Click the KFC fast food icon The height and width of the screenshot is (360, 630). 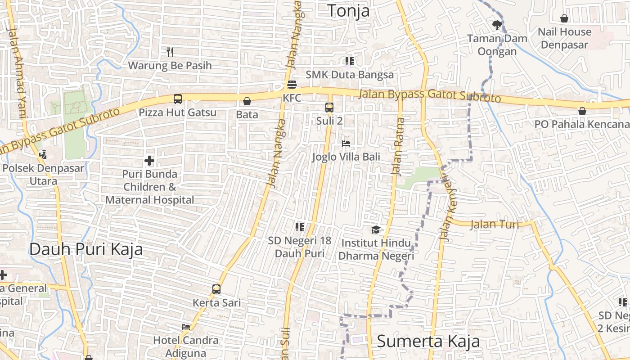click(292, 85)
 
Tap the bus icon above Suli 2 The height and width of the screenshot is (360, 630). click(329, 107)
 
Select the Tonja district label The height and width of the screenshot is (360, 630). click(348, 11)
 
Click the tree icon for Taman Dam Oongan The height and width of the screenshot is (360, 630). click(497, 25)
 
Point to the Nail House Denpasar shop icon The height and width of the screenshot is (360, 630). click(564, 18)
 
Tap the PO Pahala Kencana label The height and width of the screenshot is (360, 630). click(581, 124)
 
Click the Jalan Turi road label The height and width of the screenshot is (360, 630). click(495, 224)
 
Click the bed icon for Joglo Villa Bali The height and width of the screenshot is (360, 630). click(346, 144)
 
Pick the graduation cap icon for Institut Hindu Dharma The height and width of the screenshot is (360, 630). click(375, 230)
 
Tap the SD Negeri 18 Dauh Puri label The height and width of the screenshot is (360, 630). click(300, 247)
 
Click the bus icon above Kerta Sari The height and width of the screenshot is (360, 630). click(216, 289)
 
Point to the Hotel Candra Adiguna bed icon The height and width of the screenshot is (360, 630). click(186, 327)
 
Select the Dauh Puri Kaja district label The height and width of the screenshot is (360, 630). click(86, 249)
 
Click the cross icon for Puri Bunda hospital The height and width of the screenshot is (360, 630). click(149, 161)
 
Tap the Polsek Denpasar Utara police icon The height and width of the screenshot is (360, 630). click(43, 155)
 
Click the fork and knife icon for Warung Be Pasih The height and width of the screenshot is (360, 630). click(170, 52)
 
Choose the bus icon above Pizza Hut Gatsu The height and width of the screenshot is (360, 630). click(178, 99)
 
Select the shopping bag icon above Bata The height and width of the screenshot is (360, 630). click(247, 101)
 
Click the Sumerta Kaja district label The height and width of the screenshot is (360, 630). click(428, 341)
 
